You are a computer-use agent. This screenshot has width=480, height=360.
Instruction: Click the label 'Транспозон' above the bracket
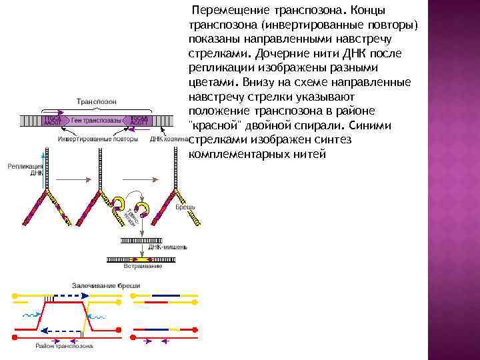click(x=97, y=101)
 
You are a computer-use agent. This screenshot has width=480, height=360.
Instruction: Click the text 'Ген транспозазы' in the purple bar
click(x=97, y=121)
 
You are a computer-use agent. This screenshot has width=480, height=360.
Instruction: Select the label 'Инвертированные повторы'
click(x=98, y=139)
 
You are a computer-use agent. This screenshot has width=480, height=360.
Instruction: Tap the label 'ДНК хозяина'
click(x=167, y=139)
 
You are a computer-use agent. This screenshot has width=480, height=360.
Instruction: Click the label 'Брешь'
click(x=185, y=207)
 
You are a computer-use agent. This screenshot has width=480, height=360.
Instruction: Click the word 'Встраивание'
click(x=145, y=265)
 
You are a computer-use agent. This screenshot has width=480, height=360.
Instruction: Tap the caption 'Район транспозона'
click(x=65, y=345)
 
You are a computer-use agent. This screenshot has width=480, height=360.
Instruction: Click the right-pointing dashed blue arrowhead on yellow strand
click(x=87, y=294)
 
